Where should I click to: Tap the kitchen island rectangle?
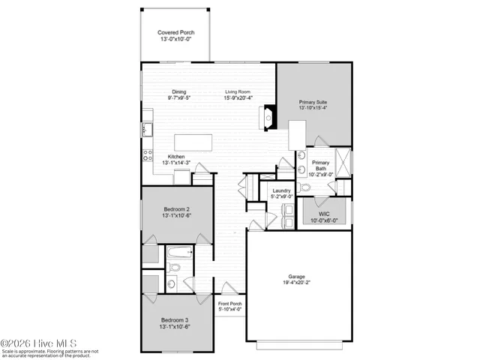193,143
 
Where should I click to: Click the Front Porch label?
229,304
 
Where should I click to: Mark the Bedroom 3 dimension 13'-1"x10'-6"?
178,325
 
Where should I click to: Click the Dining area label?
178,91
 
